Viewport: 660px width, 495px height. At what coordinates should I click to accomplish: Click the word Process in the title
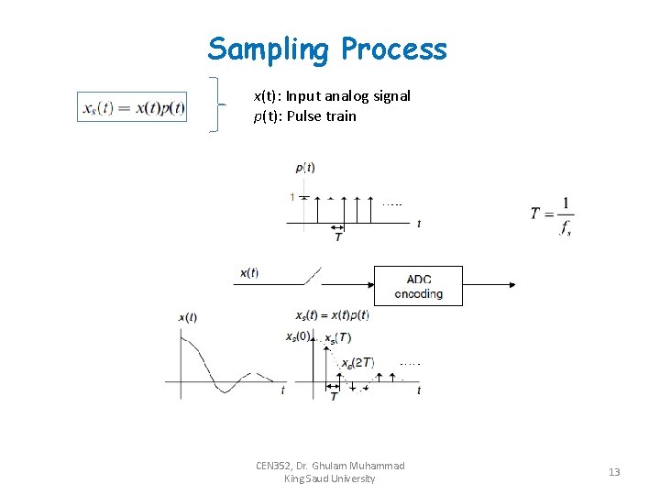[393, 49]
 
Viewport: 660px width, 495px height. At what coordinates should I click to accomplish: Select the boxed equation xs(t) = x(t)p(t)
[133, 107]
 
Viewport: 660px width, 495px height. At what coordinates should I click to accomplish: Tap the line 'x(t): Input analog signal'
[332, 96]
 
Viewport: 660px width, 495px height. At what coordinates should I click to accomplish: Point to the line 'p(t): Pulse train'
[304, 116]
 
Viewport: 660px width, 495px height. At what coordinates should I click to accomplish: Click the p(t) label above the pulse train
[305, 167]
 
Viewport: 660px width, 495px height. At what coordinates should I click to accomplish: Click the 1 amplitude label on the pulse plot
[292, 197]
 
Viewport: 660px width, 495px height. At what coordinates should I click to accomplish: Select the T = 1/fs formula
[552, 215]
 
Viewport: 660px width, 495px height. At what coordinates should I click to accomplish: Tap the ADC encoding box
[418, 286]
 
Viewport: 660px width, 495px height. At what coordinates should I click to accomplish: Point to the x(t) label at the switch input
[248, 272]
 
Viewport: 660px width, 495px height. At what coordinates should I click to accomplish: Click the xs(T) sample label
[337, 338]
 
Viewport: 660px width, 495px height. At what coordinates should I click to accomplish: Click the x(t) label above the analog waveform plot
[187, 317]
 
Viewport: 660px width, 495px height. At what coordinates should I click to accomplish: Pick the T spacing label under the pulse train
[338, 237]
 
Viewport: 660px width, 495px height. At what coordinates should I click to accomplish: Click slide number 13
[614, 472]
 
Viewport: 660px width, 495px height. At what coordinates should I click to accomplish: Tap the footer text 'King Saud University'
[330, 478]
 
